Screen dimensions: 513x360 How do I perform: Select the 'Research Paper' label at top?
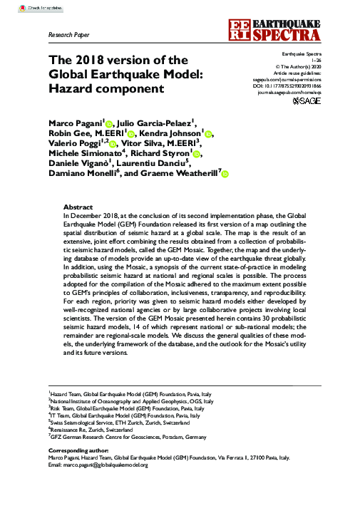click(68, 33)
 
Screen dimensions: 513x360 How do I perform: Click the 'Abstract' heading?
click(78, 205)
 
